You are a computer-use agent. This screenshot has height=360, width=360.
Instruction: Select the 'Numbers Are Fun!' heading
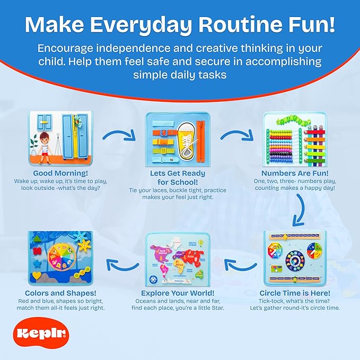click(295, 173)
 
